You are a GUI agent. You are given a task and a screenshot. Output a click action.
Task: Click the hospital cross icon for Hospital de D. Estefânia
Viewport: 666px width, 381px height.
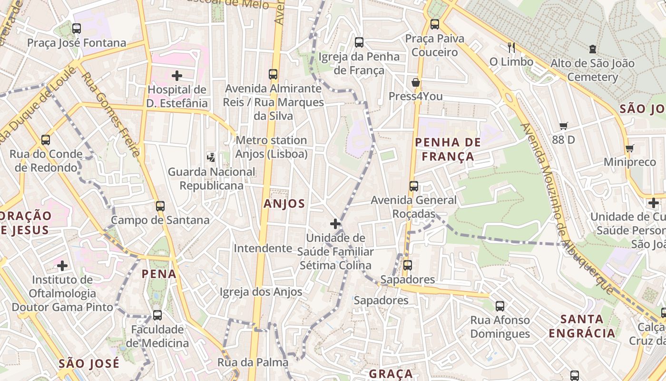coord(177,75)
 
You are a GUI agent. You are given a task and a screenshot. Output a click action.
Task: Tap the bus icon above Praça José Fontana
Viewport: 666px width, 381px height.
coord(77,29)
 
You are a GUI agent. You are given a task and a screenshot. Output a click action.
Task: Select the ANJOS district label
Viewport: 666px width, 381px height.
coord(284,204)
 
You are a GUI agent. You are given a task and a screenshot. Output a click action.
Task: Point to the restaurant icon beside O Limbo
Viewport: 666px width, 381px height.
coord(511,47)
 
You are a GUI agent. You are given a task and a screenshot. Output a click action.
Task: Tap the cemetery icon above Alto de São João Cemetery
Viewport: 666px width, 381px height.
coord(592,49)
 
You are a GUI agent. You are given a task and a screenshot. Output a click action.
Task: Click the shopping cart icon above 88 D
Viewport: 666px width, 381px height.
coord(564,126)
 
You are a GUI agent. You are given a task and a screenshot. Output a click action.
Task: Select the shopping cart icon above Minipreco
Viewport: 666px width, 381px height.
coord(630,148)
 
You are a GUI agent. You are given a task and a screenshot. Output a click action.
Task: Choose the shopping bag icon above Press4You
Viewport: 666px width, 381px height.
coord(416,82)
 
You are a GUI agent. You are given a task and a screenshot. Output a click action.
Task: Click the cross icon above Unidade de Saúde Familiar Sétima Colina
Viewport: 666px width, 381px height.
coord(335,223)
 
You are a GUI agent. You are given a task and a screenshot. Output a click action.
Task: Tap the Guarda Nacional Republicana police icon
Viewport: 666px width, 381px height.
coord(211,157)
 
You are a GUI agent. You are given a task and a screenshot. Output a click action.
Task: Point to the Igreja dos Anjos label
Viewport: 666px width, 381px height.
coord(261,292)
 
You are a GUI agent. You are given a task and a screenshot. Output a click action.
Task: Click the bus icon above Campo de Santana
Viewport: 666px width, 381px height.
coord(160,206)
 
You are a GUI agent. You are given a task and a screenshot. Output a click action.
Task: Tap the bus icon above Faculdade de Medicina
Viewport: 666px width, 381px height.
coord(157,315)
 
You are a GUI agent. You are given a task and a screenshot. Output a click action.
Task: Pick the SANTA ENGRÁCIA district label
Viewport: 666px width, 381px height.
coord(582,326)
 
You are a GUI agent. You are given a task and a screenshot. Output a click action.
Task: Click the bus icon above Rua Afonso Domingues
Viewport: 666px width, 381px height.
coord(500,306)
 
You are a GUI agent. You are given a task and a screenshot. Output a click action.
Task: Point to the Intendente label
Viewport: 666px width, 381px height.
coord(263,248)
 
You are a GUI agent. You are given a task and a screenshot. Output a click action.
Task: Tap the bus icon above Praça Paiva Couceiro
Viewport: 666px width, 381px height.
coord(434,24)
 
